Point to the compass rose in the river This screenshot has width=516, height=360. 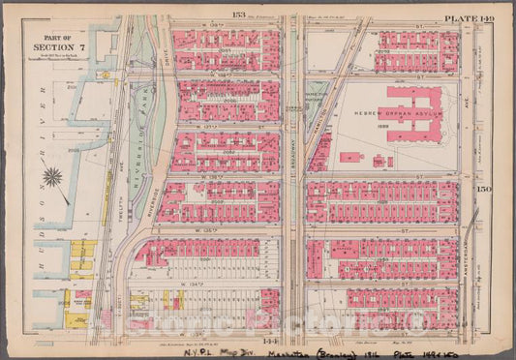pyautogui.click(x=54, y=178)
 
